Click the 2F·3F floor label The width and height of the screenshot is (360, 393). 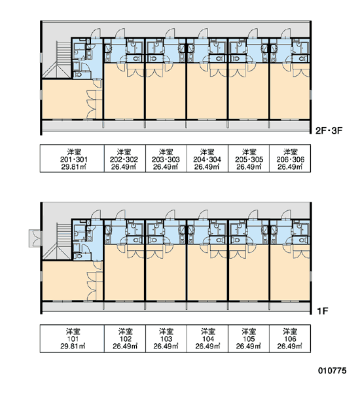tap(329, 130)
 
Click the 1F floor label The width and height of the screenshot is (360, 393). tap(323, 311)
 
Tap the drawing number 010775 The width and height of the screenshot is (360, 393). tap(333, 371)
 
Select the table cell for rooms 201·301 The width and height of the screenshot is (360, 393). tap(72, 159)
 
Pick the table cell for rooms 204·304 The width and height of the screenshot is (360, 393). tap(207, 159)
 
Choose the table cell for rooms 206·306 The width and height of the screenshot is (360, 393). tap(290, 159)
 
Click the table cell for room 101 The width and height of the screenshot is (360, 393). tap(72, 339)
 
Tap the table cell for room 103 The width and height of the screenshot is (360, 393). tap(166, 339)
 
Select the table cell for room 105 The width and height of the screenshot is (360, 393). tap(249, 339)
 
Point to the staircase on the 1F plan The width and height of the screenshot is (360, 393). tap(61, 240)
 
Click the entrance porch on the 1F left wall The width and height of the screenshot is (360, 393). tap(35, 238)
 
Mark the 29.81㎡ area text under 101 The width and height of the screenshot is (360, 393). tap(73, 346)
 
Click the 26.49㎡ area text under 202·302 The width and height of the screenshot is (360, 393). tap(124, 166)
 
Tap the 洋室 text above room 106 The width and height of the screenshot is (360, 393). tap(290, 331)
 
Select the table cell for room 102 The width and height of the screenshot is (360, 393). tap(125, 339)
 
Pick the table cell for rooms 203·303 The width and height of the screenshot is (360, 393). tap(166, 159)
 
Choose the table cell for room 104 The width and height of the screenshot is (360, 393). tap(207, 339)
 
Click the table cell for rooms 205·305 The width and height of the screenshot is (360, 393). tap(249, 159)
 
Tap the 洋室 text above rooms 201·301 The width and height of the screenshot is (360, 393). tap(74, 152)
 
